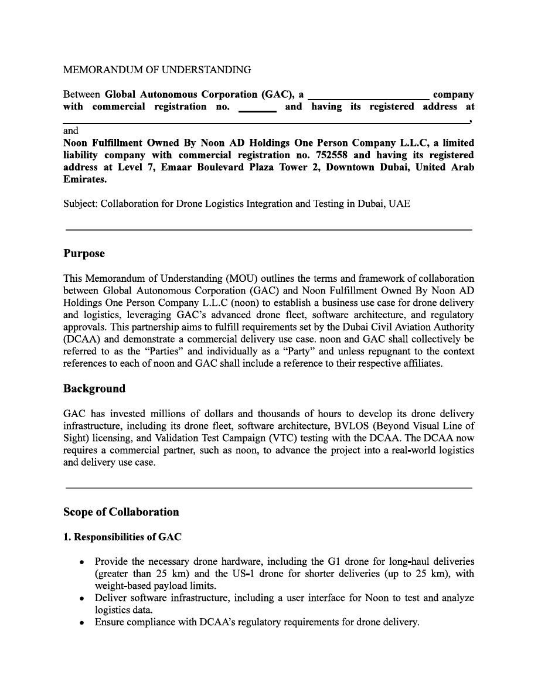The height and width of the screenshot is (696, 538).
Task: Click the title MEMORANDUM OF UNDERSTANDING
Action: [157, 70]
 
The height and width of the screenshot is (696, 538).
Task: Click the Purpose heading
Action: [84, 254]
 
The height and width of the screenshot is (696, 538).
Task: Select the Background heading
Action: [94, 388]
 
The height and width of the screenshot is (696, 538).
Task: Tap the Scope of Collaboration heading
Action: [121, 511]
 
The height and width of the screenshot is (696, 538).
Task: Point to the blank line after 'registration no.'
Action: [257, 110]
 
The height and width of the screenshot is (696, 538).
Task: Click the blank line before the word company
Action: [368, 98]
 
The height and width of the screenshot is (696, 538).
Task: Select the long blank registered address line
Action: [266, 122]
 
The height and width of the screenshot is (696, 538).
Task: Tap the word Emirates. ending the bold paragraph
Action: [84, 180]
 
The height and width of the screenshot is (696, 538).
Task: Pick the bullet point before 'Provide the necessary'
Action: [83, 562]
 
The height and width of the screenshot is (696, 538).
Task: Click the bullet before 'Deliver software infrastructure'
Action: [83, 598]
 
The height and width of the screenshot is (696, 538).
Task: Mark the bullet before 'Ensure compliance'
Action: [83, 622]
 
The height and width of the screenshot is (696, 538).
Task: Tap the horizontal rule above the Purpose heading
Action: [268, 230]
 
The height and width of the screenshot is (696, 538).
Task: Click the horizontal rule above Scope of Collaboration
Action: [268, 487]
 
